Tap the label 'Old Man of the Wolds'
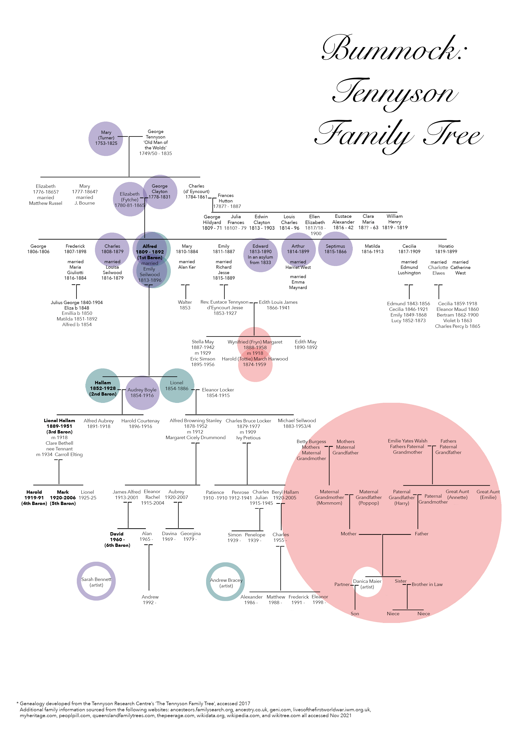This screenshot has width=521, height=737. coord(156,145)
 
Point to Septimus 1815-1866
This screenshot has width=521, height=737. coord(335,249)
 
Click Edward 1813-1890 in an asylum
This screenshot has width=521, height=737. coord(260,254)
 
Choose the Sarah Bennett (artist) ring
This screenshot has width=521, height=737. coord(96,581)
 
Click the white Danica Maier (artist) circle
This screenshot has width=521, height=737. coord(367,584)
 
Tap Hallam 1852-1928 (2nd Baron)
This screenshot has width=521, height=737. coord(103,388)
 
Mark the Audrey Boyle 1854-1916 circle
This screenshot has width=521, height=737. coord(142,393)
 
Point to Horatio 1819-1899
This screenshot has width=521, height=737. coord(446,249)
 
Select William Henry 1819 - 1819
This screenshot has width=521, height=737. coord(395,222)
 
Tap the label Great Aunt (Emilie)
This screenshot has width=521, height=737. coord(488,494)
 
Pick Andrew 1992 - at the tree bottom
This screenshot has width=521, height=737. coord(150,600)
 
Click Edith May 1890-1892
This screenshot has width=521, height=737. coord(306,344)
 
